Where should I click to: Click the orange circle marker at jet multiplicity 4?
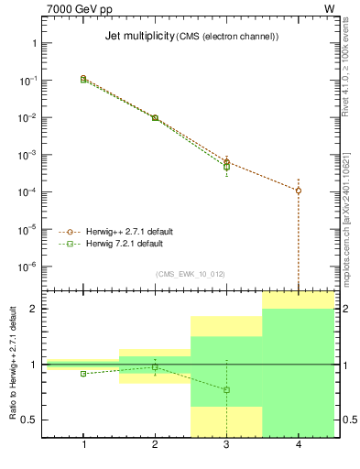click(299, 191)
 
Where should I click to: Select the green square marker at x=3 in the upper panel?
click(226, 167)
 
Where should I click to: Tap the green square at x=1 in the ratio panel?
click(83, 374)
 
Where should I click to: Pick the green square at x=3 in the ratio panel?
click(226, 390)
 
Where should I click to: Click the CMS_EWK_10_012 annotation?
click(190, 274)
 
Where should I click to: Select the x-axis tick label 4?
click(299, 444)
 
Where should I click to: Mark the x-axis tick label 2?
click(155, 444)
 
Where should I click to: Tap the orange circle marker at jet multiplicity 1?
click(83, 79)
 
